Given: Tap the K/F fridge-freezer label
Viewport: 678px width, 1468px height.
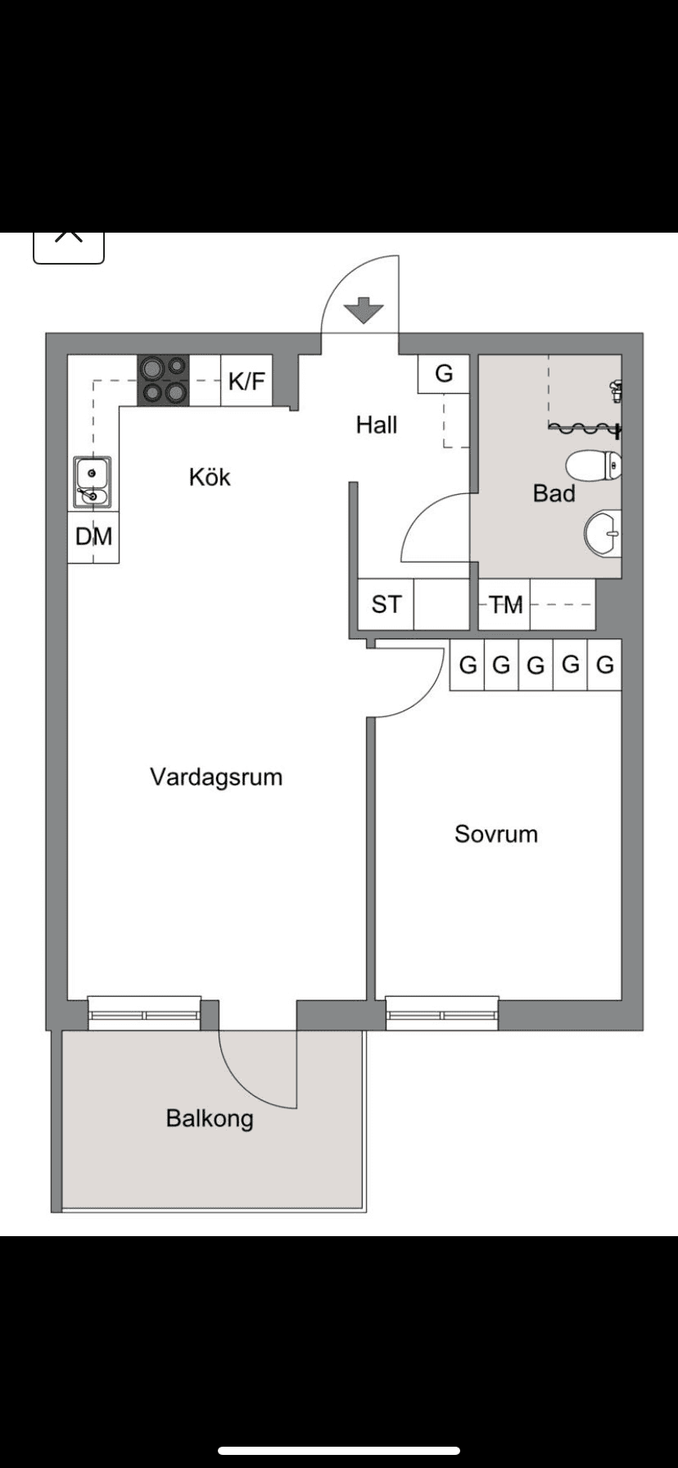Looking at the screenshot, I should tap(246, 381).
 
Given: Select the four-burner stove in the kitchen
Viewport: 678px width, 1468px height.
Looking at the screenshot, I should tap(163, 380).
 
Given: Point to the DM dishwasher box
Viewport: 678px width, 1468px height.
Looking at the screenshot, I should tap(93, 537).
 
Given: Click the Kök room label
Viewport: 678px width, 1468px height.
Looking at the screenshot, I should tap(210, 477).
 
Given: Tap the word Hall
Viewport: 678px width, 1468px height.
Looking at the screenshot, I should tap(377, 424).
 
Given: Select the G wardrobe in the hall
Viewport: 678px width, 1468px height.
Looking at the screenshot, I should tap(443, 374).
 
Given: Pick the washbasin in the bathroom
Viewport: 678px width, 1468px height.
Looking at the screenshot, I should tap(603, 533).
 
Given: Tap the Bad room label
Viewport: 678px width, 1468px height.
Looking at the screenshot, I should tap(554, 493).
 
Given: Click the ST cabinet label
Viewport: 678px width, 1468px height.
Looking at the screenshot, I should tap(386, 605).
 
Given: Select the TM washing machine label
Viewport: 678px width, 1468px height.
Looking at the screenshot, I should tap(505, 605).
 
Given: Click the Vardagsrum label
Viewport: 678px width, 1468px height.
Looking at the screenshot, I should tap(216, 777).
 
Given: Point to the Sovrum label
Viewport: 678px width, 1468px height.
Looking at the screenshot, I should tap(496, 834).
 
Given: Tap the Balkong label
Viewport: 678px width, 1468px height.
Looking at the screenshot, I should tap(210, 1118).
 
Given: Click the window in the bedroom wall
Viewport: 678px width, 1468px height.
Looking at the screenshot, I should tap(442, 1014).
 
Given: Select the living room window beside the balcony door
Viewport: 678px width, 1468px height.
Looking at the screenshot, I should tap(144, 1014).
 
